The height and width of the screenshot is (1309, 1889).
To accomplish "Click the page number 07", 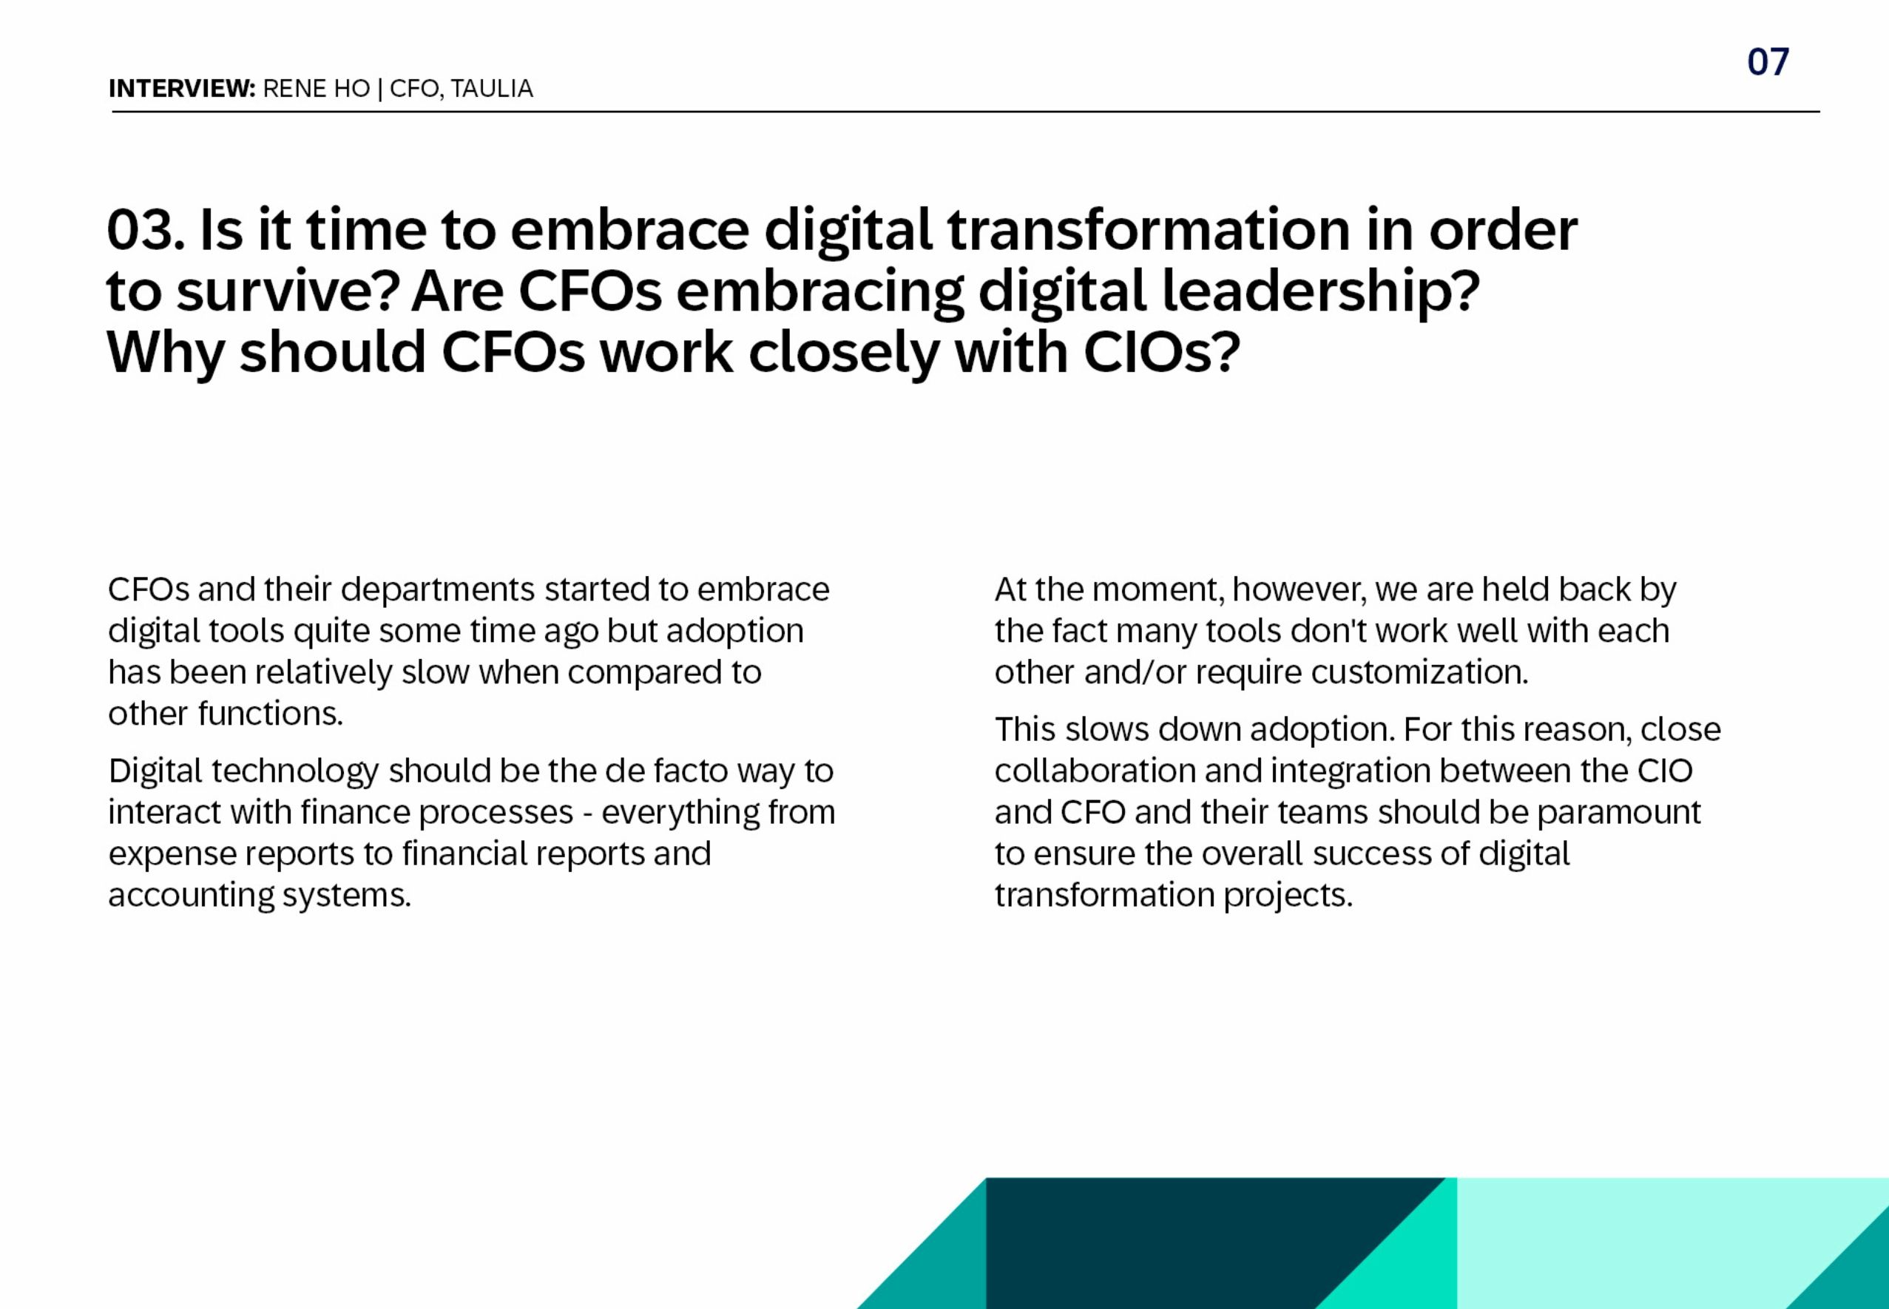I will [x=1768, y=62].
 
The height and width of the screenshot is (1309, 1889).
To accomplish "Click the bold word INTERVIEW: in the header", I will [x=182, y=89].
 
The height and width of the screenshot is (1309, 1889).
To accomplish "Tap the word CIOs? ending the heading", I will [x=1160, y=353].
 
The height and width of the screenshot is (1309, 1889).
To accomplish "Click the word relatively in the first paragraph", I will [x=323, y=672].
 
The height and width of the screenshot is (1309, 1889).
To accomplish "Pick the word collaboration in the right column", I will [x=1094, y=771].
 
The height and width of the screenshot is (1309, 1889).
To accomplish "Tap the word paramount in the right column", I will [x=1618, y=813].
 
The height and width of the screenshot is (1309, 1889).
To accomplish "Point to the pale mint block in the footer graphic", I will [x=1657, y=1231].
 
